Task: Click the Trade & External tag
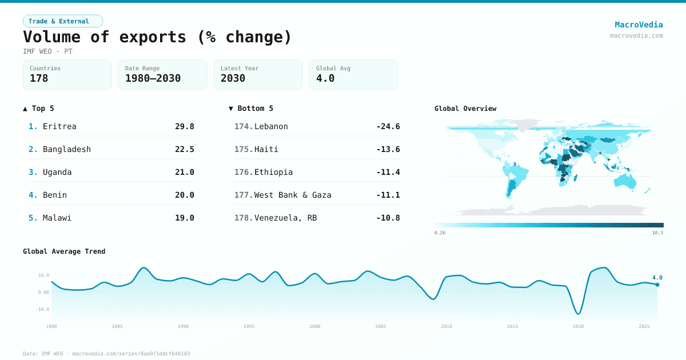[x=62, y=21]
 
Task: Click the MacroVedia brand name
[x=639, y=25]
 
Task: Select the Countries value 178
[x=39, y=78]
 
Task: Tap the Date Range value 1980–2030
[x=153, y=78]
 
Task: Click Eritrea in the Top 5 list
[x=59, y=126]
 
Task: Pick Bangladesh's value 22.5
[x=184, y=149]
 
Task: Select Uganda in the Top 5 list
[x=57, y=172]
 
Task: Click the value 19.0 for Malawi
[x=184, y=218]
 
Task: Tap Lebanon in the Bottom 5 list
[x=271, y=126]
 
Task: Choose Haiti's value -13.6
[x=388, y=149]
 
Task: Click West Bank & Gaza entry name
[x=293, y=195]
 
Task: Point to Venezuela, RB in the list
[x=285, y=218]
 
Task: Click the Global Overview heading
[x=465, y=109]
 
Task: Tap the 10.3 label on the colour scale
[x=657, y=233]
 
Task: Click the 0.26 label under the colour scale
[x=440, y=233]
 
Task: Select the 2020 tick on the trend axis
[x=578, y=326]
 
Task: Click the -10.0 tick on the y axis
[x=43, y=309]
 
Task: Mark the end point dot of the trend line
[x=657, y=285]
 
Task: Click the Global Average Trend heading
[x=64, y=251]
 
